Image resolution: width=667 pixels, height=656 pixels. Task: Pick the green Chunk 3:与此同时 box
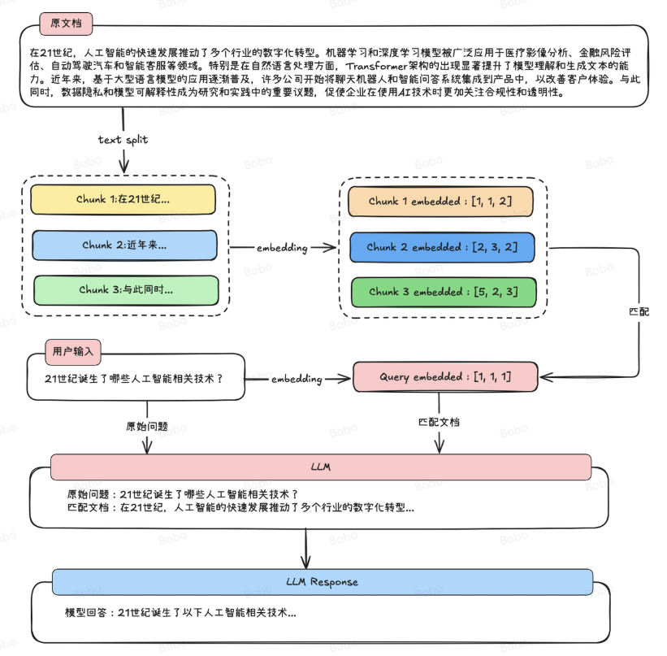tap(126, 290)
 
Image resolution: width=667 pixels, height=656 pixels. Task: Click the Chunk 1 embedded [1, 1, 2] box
tap(440, 201)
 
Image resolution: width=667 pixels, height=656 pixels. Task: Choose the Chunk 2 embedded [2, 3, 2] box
tap(442, 247)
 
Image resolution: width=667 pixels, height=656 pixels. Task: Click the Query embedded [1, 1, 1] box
tap(445, 377)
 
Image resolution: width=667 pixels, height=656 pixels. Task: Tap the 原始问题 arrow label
tap(146, 426)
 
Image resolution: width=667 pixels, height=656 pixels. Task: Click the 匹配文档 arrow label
tap(439, 423)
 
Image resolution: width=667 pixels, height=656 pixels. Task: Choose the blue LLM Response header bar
tap(323, 582)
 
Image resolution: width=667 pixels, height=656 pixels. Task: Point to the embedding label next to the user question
tap(297, 379)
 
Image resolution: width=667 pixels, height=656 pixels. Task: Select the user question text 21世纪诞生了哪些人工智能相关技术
tap(134, 378)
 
